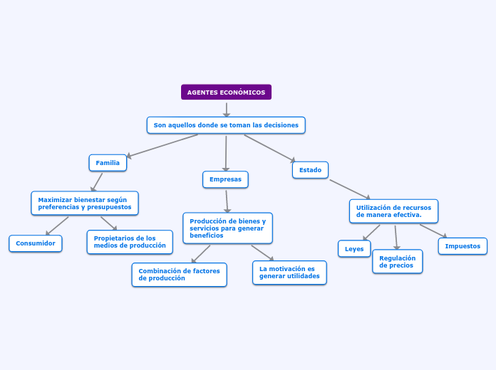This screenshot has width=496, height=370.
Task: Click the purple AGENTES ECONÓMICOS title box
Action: [226, 92]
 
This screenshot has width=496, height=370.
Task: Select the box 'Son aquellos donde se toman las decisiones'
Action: [226, 125]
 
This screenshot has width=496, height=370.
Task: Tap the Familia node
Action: [108, 163]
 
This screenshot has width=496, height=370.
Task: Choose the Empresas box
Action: [225, 179]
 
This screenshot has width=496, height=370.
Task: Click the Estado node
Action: [310, 170]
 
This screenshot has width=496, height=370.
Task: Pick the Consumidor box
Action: [36, 243]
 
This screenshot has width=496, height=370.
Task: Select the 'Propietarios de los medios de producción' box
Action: [130, 242]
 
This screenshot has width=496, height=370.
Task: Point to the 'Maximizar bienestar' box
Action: [85, 203]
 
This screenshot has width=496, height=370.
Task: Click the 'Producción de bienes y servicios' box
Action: [228, 228]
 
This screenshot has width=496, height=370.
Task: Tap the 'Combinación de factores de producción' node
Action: [179, 275]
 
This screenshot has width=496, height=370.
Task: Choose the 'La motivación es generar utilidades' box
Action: [289, 273]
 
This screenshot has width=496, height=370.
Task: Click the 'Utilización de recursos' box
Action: [393, 211]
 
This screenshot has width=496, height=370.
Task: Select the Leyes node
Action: [354, 248]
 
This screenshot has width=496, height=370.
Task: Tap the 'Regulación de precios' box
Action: [398, 262]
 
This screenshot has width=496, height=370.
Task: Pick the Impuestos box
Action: [463, 246]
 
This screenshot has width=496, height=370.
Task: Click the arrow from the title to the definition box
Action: [227, 110]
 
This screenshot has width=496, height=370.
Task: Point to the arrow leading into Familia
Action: [162, 146]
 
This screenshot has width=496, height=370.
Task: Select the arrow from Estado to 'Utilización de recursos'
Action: [350, 189]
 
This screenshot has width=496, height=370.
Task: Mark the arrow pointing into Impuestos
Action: [433, 231]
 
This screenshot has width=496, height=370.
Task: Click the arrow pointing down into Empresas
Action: [226, 154]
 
